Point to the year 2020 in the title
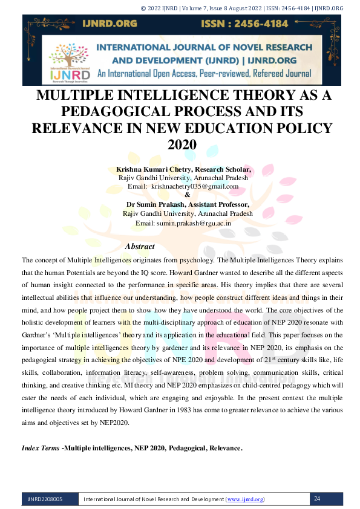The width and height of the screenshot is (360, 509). tap(182, 144)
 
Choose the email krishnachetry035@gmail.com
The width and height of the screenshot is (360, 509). tap(191, 187)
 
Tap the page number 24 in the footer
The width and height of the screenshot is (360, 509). tap(318, 499)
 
